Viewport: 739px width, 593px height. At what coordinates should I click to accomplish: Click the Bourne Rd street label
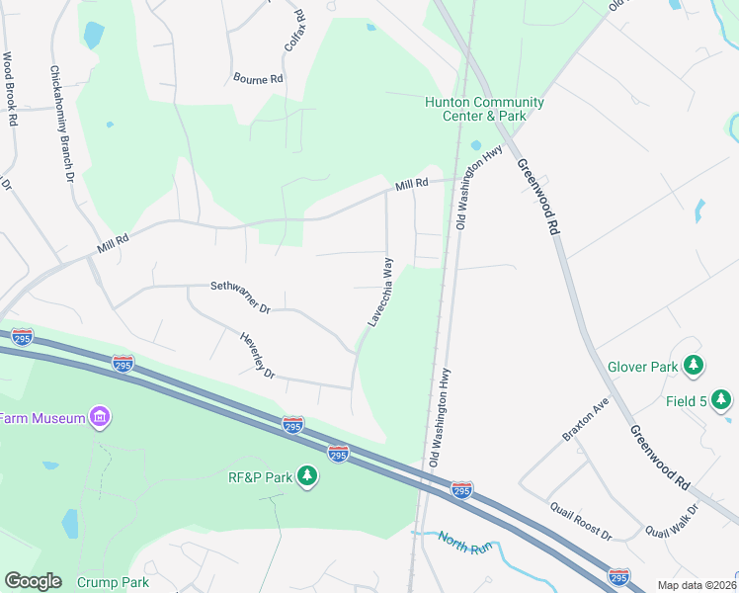point(258,78)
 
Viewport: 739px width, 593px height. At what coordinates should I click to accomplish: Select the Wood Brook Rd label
point(10,89)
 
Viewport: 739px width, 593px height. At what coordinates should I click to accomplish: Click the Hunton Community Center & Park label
point(484,109)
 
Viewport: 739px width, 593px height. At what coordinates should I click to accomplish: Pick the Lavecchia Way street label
point(381,292)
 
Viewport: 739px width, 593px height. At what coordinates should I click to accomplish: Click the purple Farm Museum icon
point(99,418)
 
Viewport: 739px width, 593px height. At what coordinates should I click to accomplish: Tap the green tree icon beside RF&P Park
point(308,477)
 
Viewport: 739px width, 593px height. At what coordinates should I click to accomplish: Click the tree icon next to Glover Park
point(695,367)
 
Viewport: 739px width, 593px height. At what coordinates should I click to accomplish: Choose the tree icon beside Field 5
point(722,399)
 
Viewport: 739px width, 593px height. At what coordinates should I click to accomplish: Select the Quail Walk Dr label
point(672,521)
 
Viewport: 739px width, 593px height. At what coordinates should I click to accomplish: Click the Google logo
point(33,581)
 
